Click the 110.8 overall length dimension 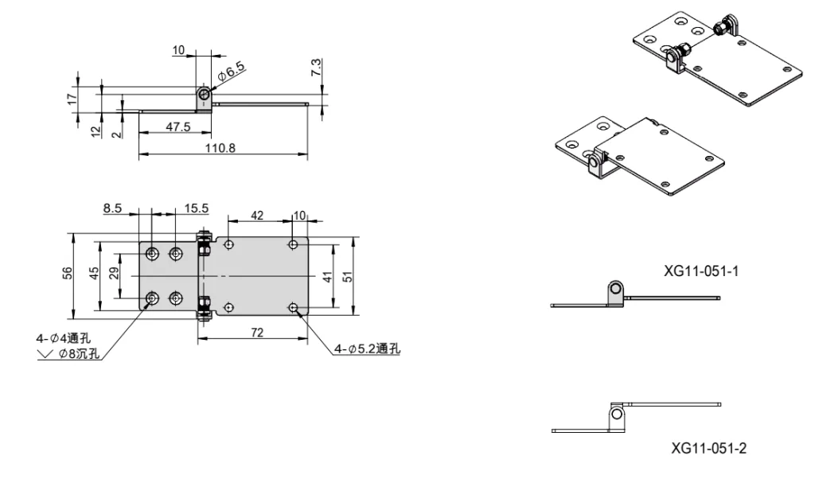222,148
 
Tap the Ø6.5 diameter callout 230,73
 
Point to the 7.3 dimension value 316,68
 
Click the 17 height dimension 71,99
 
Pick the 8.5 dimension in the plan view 112,208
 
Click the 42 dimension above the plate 258,216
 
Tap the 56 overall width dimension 68,274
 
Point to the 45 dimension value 94,274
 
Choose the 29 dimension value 114,274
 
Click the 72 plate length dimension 256,333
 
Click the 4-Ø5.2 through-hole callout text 367,348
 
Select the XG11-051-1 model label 702,271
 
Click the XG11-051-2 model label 708,449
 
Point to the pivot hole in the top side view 205,95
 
